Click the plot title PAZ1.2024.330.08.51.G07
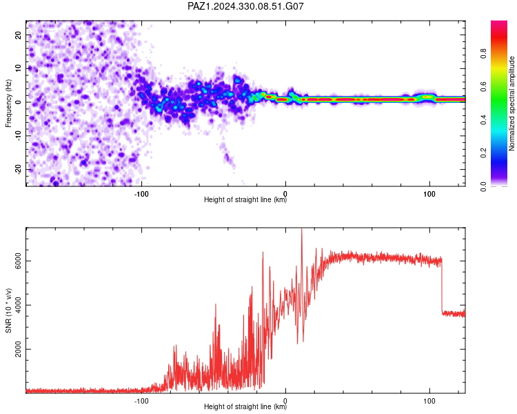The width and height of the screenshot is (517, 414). (x=245, y=6)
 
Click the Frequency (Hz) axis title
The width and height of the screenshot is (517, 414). (x=8, y=103)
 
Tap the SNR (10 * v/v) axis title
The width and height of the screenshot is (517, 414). (x=8, y=310)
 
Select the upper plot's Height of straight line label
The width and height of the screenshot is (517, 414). (x=245, y=199)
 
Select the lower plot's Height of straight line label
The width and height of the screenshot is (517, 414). (x=245, y=406)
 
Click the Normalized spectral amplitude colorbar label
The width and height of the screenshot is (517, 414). (x=511, y=103)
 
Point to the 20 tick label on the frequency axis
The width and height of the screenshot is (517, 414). (x=18, y=35)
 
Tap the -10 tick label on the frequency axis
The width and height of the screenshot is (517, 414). (x=18, y=135)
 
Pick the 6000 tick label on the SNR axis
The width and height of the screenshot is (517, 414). (x=18, y=261)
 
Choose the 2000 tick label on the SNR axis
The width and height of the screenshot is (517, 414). (x=18, y=349)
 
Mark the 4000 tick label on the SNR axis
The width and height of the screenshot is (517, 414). (x=18, y=305)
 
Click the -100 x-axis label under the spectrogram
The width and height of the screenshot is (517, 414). (x=141, y=194)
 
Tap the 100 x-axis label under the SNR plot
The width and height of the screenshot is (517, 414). (x=429, y=401)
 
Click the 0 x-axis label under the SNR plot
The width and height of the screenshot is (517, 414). (x=285, y=401)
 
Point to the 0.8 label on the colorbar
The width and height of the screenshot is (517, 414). (x=483, y=53)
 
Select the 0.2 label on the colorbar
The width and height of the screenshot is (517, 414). (x=483, y=153)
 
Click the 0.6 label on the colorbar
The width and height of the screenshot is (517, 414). (x=483, y=86)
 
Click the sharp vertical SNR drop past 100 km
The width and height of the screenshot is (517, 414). (x=442, y=286)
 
